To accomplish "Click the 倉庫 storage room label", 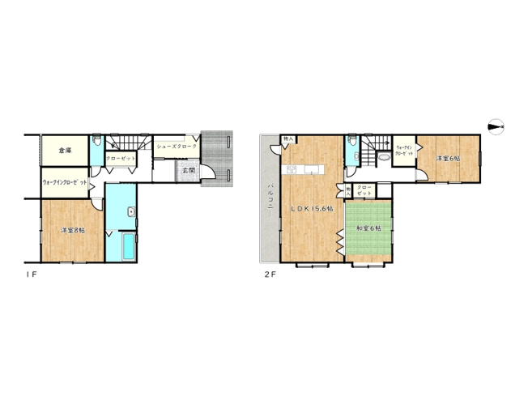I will click(66, 150).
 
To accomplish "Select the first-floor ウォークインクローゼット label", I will click(65, 183).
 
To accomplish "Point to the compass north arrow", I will click(496, 126).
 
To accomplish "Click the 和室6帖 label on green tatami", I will click(368, 229).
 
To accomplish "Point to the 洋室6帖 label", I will click(448, 159).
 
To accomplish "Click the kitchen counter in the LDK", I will click(304, 170).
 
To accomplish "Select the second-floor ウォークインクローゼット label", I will click(404, 151).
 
